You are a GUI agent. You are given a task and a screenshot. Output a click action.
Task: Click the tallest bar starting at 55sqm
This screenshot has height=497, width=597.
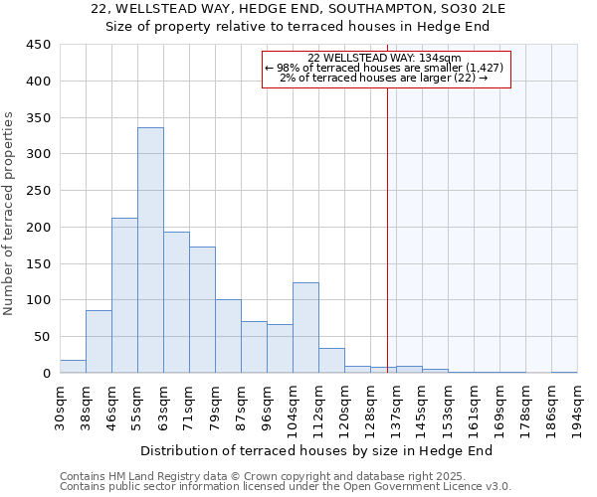[x=150, y=250]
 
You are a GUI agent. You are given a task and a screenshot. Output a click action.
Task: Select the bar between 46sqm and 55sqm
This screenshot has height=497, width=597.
[x=124, y=295]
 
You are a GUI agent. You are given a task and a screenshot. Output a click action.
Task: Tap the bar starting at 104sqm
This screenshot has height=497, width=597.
[x=305, y=328]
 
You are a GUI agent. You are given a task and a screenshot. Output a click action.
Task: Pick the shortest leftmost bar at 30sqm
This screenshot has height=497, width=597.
[x=73, y=366]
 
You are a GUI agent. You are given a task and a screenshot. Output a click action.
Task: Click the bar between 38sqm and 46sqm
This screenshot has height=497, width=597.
[x=99, y=342]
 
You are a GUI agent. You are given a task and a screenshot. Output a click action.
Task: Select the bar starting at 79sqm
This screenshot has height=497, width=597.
[x=228, y=336]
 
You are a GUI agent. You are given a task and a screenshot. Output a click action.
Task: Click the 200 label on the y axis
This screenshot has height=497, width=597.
[x=38, y=228]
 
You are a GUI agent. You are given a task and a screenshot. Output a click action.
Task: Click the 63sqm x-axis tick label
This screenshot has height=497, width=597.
[x=164, y=408]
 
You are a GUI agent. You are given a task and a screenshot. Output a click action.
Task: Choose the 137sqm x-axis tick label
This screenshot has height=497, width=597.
[x=397, y=408]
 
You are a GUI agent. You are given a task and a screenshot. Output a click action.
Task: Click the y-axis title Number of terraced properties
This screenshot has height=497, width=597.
[x=10, y=213]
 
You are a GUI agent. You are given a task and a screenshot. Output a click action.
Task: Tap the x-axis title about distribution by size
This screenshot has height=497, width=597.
[x=317, y=451]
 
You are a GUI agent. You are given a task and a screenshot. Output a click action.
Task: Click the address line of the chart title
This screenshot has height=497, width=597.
[x=298, y=9]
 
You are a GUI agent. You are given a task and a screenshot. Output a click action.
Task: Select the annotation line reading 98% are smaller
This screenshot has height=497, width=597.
[x=385, y=68]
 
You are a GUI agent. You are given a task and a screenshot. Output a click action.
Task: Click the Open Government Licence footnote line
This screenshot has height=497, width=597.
[x=286, y=487]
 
